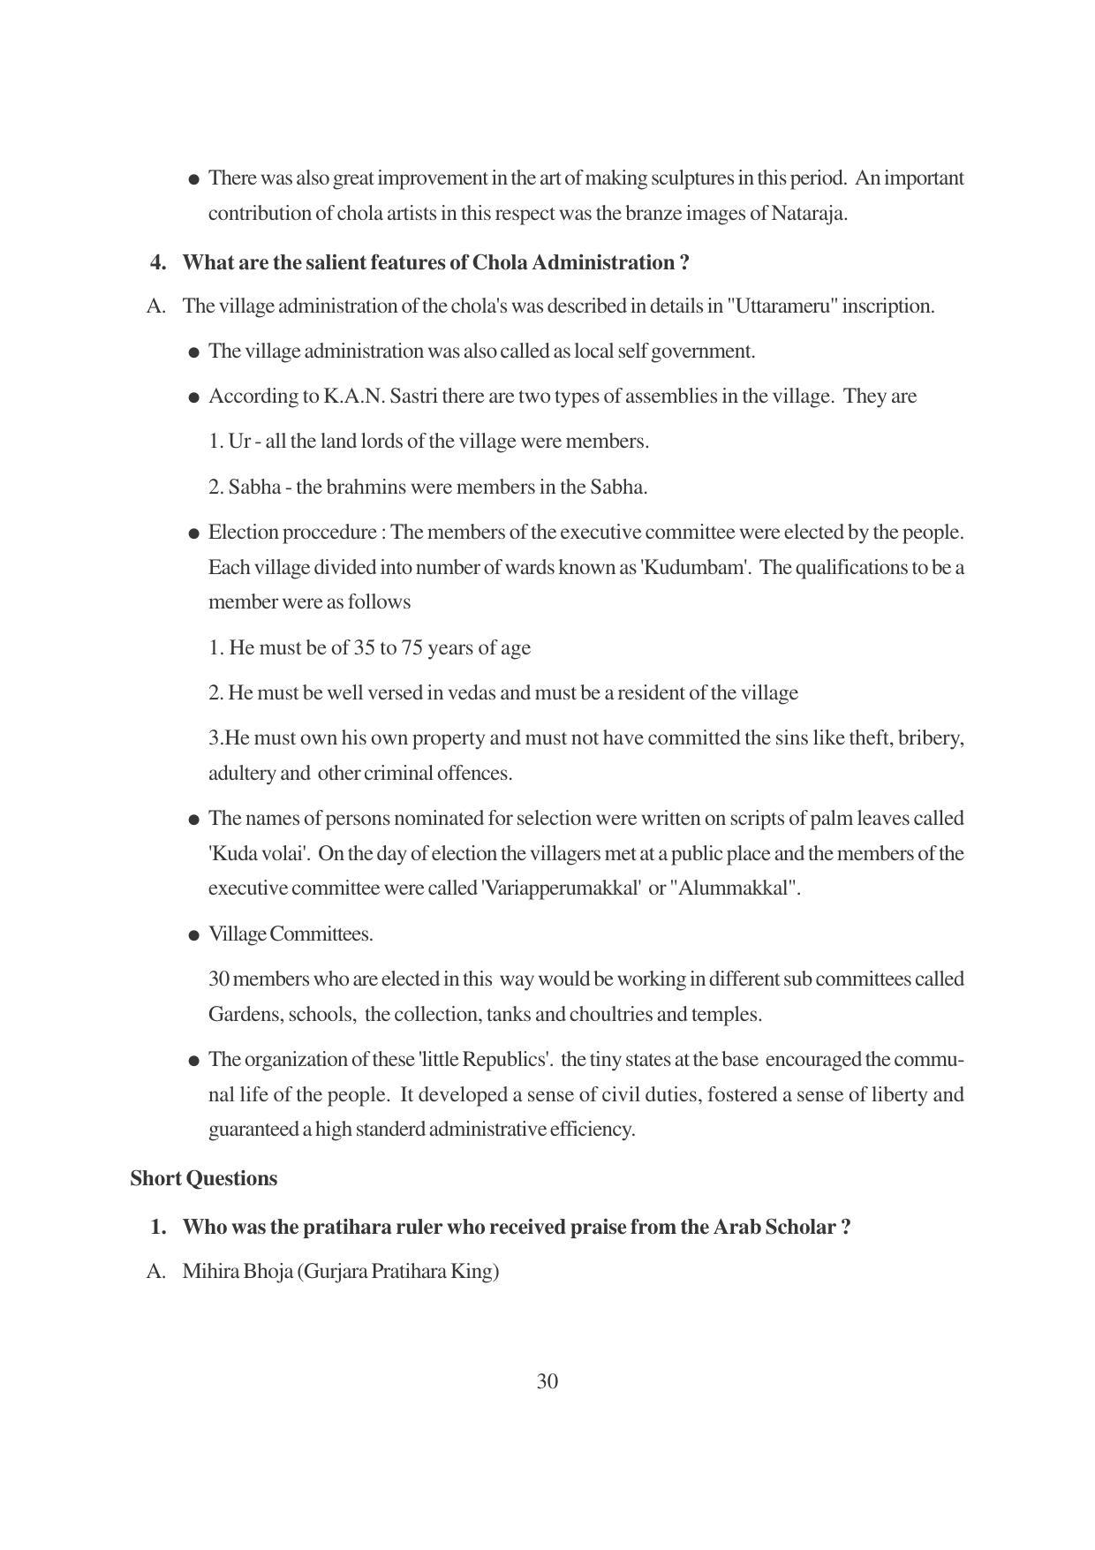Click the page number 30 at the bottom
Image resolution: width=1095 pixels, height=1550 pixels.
click(x=547, y=1381)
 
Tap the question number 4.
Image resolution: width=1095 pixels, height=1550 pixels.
click(x=158, y=262)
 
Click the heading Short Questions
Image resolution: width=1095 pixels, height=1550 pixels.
click(x=203, y=1178)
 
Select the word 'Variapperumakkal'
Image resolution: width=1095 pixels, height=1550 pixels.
click(x=561, y=888)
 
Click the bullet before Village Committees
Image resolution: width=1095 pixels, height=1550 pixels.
click(x=193, y=935)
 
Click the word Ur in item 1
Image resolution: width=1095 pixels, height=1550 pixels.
click(x=239, y=442)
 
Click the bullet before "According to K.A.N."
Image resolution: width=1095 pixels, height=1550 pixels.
click(x=193, y=397)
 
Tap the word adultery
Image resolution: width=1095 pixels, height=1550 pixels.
click(x=241, y=774)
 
